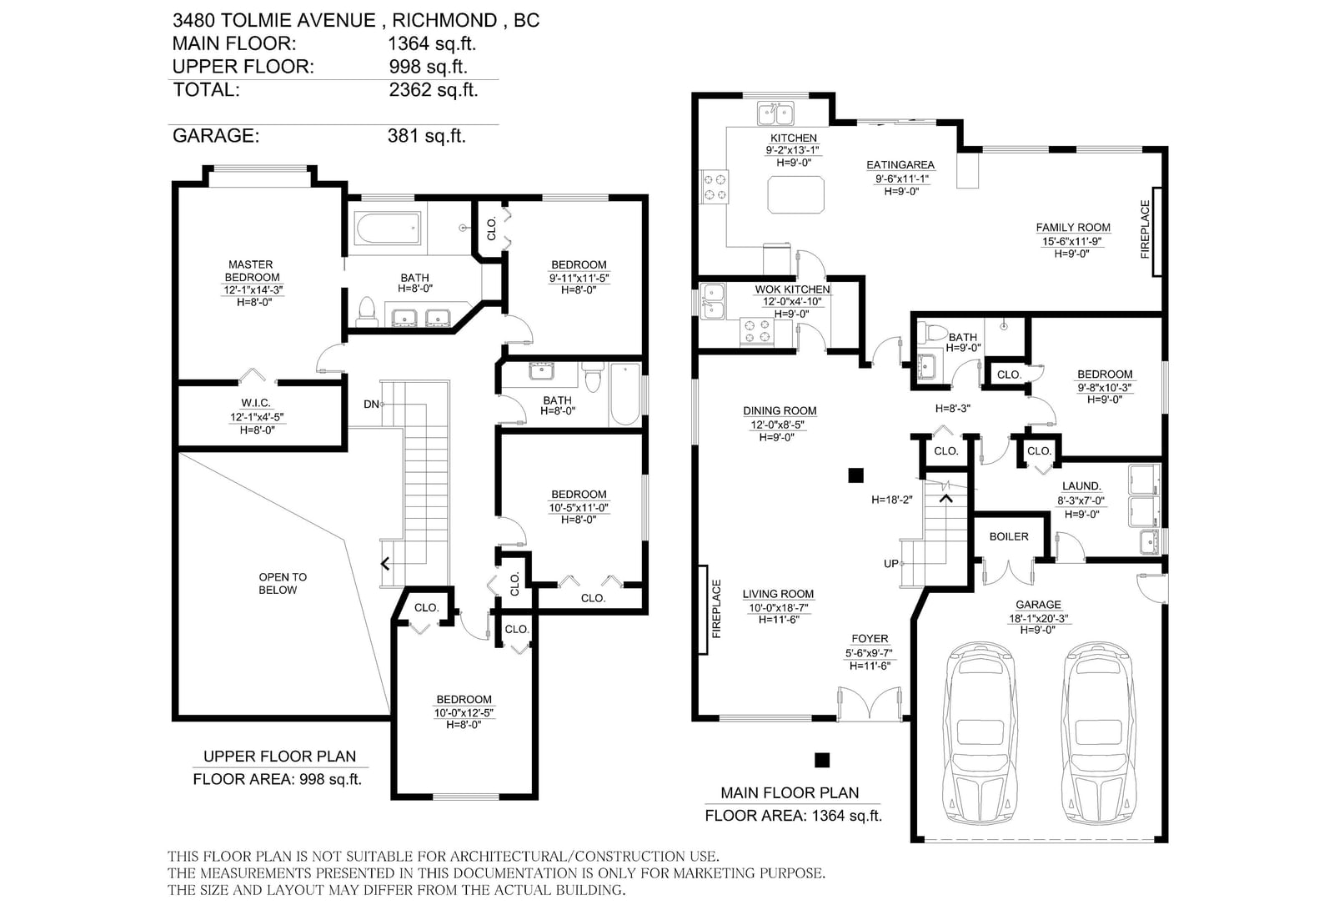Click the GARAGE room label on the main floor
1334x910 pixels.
[x=1038, y=604]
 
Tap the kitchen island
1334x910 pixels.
[x=796, y=195]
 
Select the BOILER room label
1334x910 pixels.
[x=1009, y=536]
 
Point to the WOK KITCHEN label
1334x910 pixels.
[x=792, y=289]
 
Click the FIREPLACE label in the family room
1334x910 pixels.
[x=1145, y=229]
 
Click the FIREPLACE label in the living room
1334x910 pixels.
[x=716, y=608]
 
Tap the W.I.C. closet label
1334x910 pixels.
[x=256, y=404]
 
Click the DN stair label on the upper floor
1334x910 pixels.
[x=371, y=404]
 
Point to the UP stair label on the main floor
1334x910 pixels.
[x=891, y=564]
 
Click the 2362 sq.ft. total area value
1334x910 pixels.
[x=434, y=90]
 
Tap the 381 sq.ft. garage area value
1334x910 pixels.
[x=426, y=136]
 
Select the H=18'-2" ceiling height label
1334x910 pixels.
[x=891, y=500]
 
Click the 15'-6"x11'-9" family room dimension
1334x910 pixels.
[x=1071, y=241]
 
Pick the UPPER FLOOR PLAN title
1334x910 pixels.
[x=279, y=757]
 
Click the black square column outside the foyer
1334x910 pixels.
[x=822, y=760]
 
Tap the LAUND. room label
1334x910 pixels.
[x=1081, y=486]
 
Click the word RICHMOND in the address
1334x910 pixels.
[x=444, y=20]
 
